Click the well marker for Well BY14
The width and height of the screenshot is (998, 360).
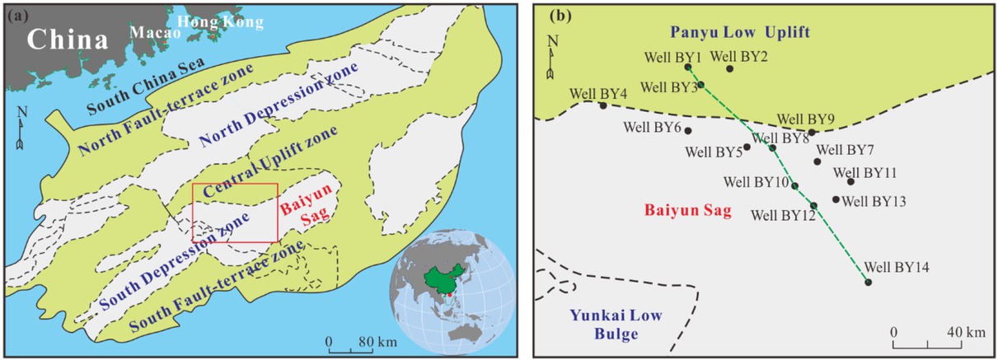click(x=868, y=283)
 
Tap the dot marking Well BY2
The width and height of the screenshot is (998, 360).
click(x=729, y=68)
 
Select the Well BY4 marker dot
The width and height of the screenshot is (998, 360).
click(x=603, y=105)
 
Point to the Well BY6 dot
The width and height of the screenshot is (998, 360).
click(x=688, y=130)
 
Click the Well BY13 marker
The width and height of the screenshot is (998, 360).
click(x=836, y=199)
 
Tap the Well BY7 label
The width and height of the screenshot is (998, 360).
click(x=845, y=150)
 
